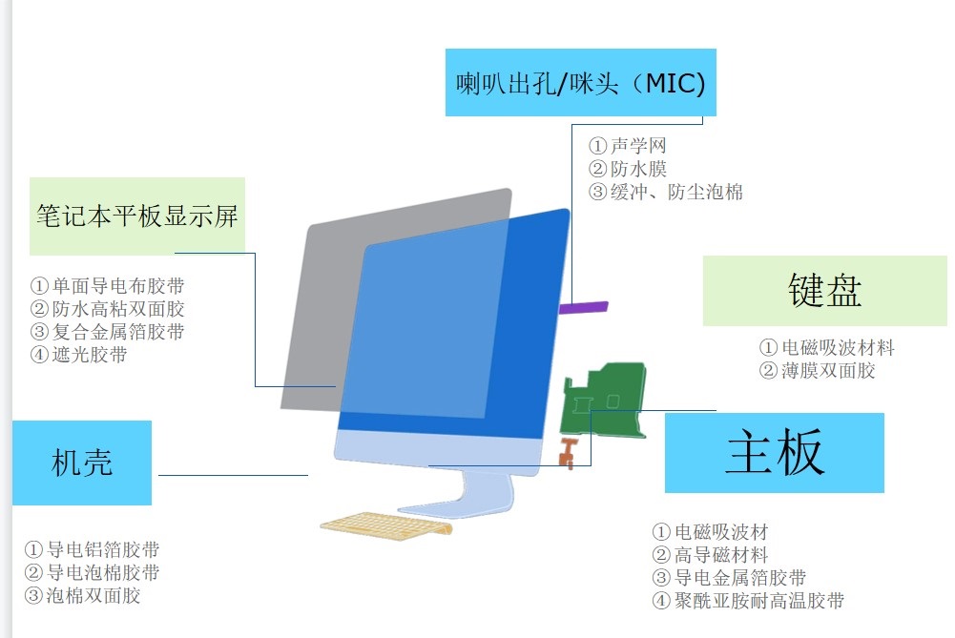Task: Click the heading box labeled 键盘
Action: pyautogui.click(x=824, y=290)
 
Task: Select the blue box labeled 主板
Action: pyautogui.click(x=774, y=452)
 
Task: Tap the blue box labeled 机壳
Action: pyautogui.click(x=82, y=463)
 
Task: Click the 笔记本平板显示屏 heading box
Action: pyautogui.click(x=137, y=216)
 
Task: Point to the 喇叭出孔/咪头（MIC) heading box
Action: pyautogui.click(x=580, y=82)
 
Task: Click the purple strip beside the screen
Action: pyautogui.click(x=584, y=307)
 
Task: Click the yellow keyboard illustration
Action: pyautogui.click(x=386, y=524)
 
